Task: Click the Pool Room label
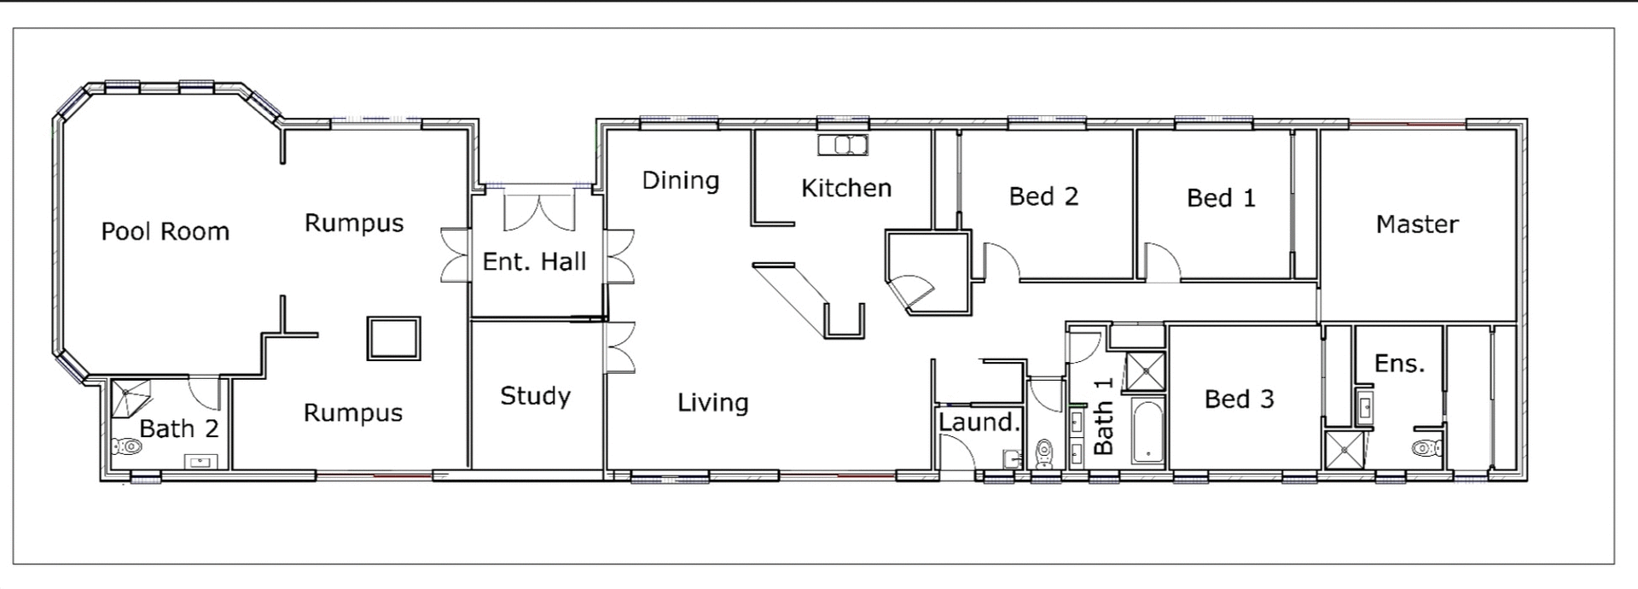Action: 165,231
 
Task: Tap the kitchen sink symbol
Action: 843,145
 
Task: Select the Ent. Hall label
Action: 534,261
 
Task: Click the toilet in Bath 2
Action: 127,446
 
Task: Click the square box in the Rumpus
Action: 393,338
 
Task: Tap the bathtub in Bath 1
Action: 1147,431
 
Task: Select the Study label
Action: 535,396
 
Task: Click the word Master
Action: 1417,225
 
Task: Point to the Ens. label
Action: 1399,364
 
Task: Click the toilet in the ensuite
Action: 1426,447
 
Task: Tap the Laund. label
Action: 979,422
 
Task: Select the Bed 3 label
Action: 1239,399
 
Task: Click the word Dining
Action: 680,180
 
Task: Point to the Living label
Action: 712,402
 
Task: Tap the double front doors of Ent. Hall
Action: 538,212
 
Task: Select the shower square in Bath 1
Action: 1142,370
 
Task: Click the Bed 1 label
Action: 1221,198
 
